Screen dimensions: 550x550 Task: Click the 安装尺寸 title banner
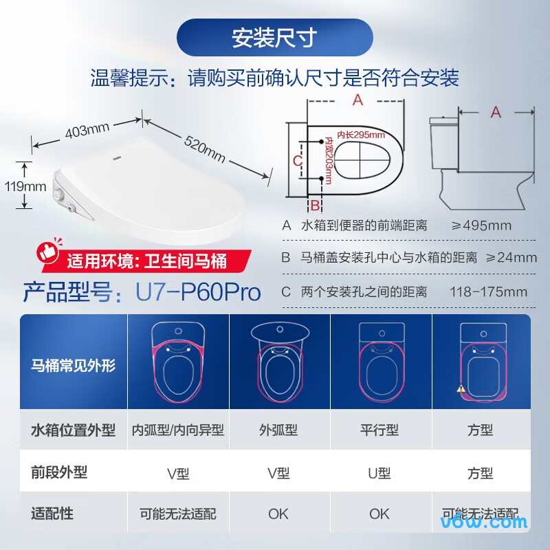274,37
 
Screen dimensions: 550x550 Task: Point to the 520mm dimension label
204,147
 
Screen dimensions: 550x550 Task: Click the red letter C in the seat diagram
296,160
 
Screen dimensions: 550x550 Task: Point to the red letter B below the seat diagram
314,205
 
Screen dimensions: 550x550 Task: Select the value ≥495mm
481,225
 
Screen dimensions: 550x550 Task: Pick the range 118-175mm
489,291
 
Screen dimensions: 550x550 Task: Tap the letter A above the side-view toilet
495,112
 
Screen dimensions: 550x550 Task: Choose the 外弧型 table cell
278,430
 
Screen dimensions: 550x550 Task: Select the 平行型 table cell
379,430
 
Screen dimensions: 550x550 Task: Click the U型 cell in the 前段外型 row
379,473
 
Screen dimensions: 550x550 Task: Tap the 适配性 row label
52,513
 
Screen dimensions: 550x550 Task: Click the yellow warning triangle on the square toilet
459,388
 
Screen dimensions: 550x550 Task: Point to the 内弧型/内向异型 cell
178,430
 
